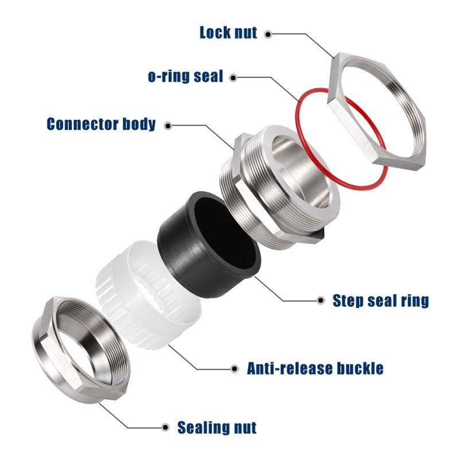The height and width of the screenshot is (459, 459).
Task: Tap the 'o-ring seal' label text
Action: pyautogui.click(x=185, y=76)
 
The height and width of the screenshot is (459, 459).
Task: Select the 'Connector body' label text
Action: pyautogui.click(x=101, y=124)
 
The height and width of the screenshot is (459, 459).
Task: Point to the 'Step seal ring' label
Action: pyautogui.click(x=380, y=300)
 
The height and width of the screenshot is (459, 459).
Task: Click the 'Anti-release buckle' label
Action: pyautogui.click(x=315, y=368)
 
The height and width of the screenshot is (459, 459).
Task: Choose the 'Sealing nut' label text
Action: pyautogui.click(x=217, y=427)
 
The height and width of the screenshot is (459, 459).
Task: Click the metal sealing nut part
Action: pyautogui.click(x=52, y=356)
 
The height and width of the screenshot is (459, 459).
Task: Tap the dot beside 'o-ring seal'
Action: pyautogui.click(x=234, y=76)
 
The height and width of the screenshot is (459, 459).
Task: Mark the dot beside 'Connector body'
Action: pyautogui.click(x=168, y=124)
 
